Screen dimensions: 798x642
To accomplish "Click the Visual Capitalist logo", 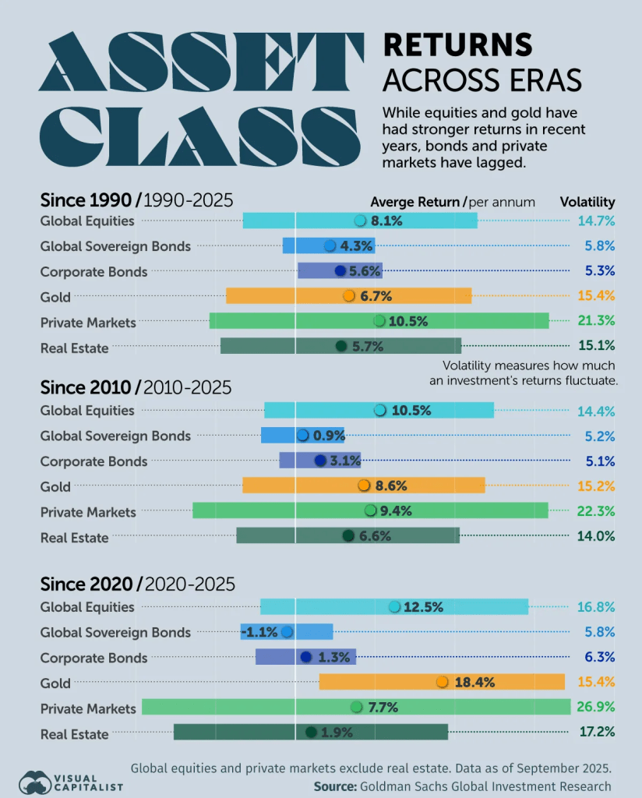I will [71, 782].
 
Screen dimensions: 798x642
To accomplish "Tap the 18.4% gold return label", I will [474, 682].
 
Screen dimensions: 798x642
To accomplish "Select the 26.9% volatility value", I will [597, 707].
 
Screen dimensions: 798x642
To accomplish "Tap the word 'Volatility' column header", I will [587, 202].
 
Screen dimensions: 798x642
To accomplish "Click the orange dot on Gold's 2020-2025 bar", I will [443, 682].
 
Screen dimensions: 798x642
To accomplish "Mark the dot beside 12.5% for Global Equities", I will [394, 607].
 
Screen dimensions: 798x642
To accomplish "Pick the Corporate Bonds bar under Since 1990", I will [340, 271].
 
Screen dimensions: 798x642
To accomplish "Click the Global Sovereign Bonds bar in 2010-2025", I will [302, 436].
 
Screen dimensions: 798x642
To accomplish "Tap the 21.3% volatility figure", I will [597, 321].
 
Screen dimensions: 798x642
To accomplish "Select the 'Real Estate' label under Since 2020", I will [74, 733].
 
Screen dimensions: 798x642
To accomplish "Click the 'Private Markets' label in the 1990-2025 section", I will [88, 323].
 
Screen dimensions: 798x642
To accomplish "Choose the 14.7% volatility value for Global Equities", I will [597, 221].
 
